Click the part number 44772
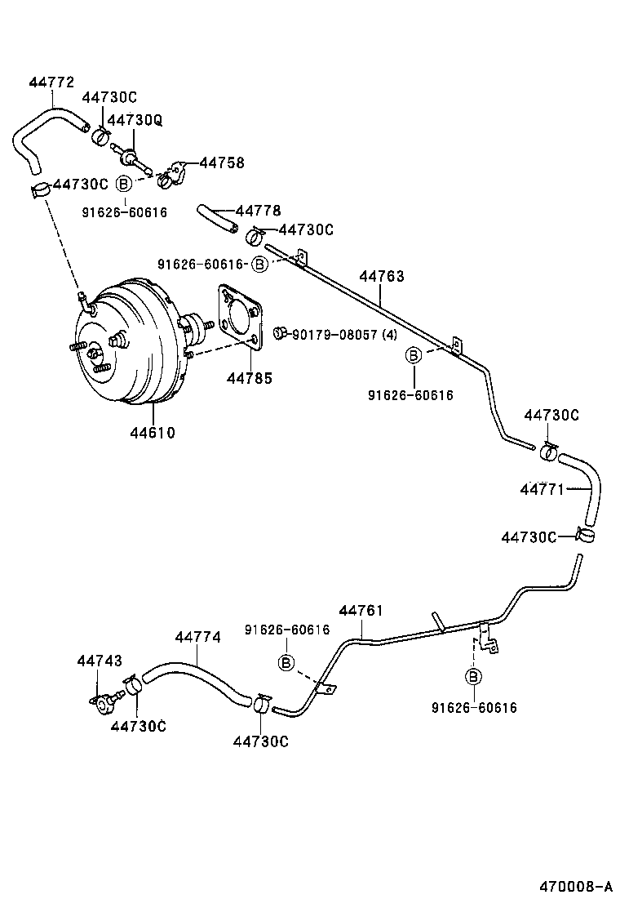coord(51,82)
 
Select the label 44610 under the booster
coord(152,432)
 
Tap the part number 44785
coord(250,378)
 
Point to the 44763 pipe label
coord(382,277)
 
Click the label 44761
coord(361,611)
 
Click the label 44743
coord(100,661)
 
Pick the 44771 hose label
coord(542,489)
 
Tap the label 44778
coord(259,211)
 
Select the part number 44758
coord(222,163)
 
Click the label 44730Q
coord(135,120)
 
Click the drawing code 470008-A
coord(574,887)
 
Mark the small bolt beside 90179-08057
coord(280,332)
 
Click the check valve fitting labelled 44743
coord(104,701)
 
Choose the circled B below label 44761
coord(286,662)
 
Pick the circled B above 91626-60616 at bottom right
coord(473,676)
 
